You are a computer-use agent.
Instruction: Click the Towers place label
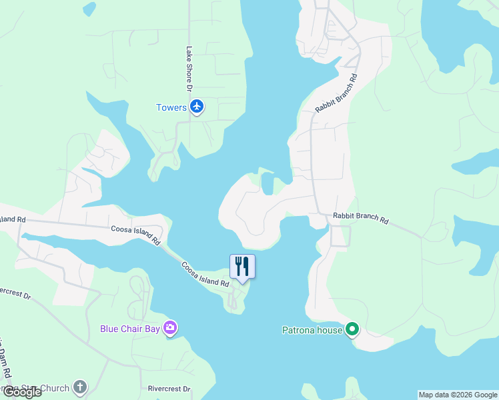click(x=171, y=107)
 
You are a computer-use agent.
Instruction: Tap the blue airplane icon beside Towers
click(x=196, y=107)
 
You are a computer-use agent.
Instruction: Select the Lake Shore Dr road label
click(x=189, y=69)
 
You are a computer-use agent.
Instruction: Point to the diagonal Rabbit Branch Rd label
click(x=337, y=93)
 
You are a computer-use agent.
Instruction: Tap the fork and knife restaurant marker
click(x=242, y=266)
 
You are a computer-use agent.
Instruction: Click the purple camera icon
click(x=171, y=327)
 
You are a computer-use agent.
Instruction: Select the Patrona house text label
click(x=310, y=329)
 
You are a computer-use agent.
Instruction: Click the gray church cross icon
click(x=79, y=387)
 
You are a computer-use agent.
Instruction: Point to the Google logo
click(x=22, y=392)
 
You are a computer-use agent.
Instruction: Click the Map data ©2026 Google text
click(x=458, y=395)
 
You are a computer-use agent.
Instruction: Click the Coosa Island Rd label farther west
click(x=135, y=234)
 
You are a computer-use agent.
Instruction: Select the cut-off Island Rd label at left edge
click(x=13, y=219)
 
